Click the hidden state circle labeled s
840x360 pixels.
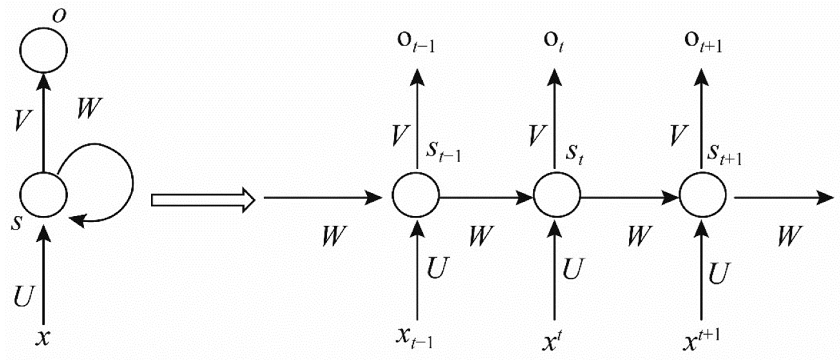[x=43, y=195]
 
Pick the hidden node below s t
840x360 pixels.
[x=557, y=195]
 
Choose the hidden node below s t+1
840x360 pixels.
[x=703, y=195]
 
